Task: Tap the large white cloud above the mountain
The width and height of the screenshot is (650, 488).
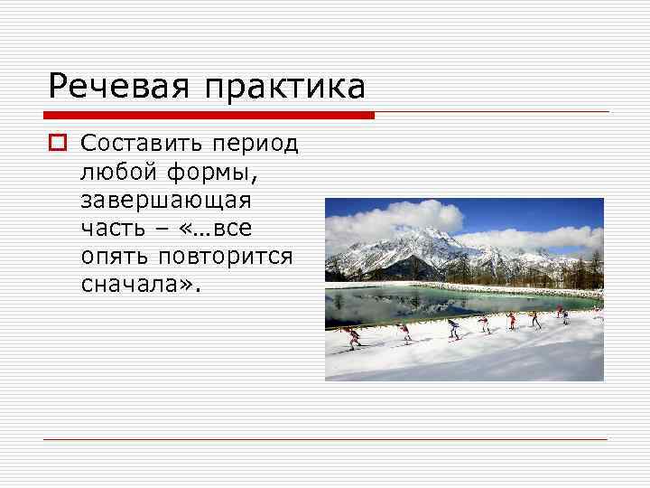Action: pyautogui.click(x=397, y=215)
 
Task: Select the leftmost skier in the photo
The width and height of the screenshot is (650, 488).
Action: pyautogui.click(x=353, y=338)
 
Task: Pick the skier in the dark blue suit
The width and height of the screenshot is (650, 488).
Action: pyautogui.click(x=452, y=327)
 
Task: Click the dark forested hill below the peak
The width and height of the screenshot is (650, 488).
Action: pyautogui.click(x=411, y=268)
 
